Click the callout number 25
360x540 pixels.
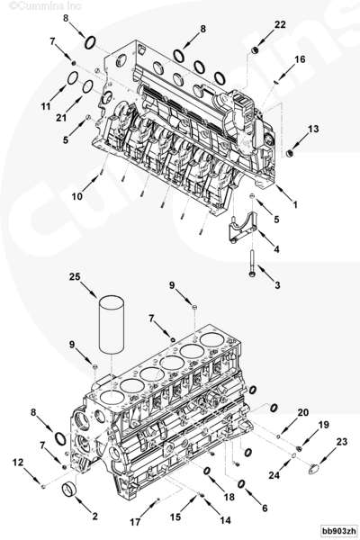75,277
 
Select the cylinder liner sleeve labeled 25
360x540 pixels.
112,324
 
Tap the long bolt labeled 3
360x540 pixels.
251,263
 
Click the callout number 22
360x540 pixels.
280,24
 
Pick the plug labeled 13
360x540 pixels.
290,153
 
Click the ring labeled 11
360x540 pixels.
72,78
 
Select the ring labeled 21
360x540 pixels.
87,86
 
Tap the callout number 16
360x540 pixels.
300,59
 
